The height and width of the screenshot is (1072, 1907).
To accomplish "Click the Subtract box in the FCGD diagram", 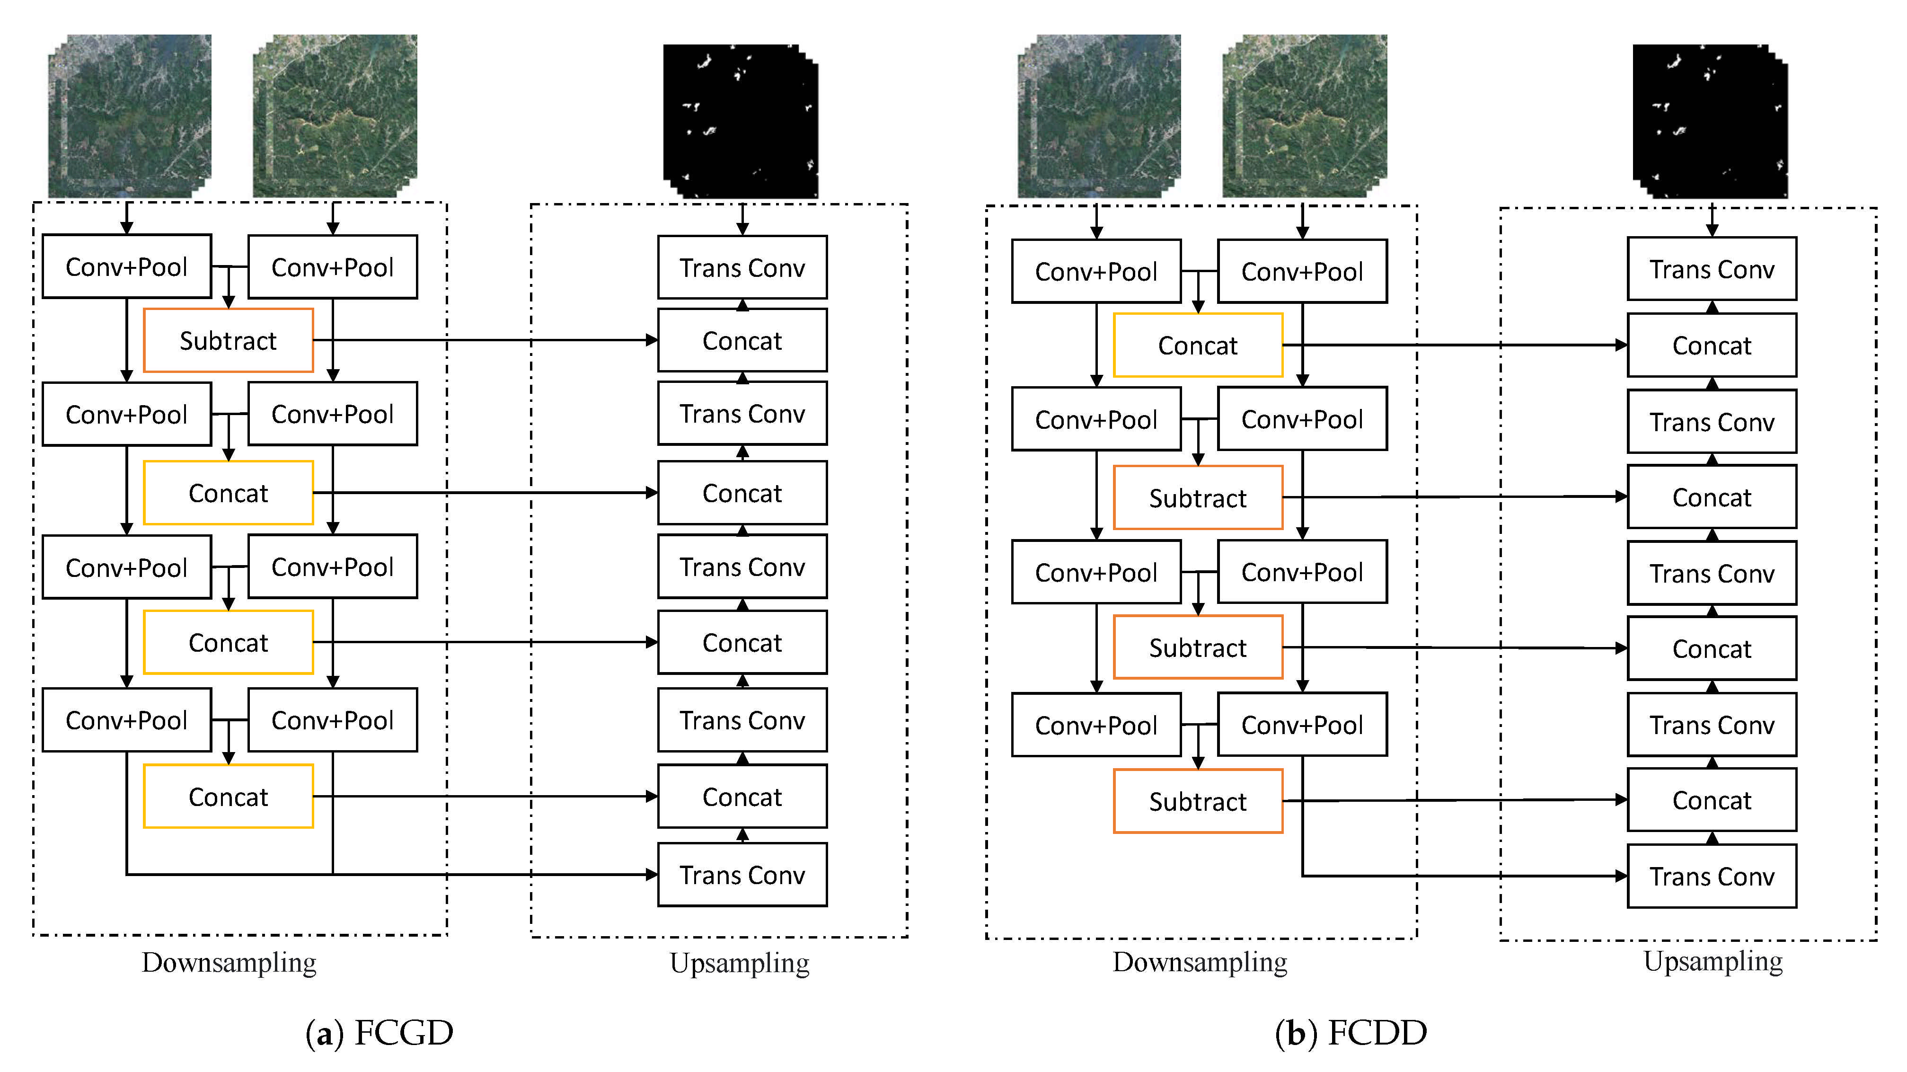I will pos(228,341).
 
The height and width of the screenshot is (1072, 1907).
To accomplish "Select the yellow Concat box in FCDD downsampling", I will pos(1197,345).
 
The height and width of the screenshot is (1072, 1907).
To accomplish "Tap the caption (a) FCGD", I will pos(379,1032).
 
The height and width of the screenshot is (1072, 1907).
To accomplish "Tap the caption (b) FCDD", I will pos(1351,1032).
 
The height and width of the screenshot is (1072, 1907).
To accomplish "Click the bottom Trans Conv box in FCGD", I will pos(742,875).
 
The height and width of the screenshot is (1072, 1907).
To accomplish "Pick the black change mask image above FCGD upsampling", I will pos(740,121).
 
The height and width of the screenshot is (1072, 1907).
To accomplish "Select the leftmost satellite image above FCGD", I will pos(130,116).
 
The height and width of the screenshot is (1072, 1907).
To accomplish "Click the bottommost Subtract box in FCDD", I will pos(1197,801).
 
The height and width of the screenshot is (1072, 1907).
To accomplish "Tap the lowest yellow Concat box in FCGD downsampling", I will pos(228,797).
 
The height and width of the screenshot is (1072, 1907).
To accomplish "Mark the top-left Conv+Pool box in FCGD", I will pos(127,266).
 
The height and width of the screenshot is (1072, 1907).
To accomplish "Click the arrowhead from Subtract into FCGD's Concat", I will pos(652,341).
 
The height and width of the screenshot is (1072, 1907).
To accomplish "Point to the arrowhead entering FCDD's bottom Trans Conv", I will pos(1621,876).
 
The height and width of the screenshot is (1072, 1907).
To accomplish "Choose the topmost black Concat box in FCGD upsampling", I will pos(742,341).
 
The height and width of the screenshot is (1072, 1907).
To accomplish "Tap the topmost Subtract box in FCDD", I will pos(1197,497).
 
